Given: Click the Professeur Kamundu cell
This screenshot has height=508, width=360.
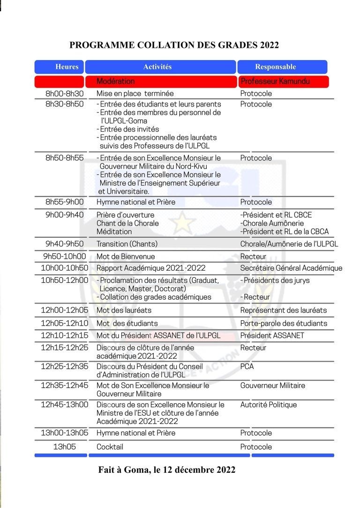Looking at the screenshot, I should point(275,82).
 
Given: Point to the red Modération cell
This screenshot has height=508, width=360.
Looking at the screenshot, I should point(116,82).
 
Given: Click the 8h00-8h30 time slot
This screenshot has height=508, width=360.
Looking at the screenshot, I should point(64,94).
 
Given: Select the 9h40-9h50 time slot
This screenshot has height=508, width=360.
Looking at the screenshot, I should point(64,244).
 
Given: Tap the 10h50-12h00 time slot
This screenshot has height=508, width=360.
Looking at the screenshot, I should point(64,281).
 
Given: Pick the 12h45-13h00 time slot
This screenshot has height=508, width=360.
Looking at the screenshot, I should point(64,405).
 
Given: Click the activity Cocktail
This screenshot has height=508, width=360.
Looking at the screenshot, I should point(110,447).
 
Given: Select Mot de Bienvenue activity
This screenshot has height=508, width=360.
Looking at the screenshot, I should point(126,257).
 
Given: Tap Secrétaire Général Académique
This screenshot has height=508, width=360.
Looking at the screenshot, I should point(291,268).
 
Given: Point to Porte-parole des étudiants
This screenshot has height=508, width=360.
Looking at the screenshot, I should point(284,323).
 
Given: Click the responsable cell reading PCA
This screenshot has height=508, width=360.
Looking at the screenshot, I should point(247,366).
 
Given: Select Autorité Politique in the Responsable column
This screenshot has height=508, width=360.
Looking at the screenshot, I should point(269,405).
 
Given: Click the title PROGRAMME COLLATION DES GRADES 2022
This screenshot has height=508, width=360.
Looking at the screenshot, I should point(174,45).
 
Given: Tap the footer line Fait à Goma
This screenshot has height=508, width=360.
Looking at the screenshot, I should point(167,470).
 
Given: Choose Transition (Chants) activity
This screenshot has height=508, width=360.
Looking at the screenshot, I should point(127,244).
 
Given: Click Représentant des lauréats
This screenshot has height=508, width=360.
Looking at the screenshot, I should point(284,311).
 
